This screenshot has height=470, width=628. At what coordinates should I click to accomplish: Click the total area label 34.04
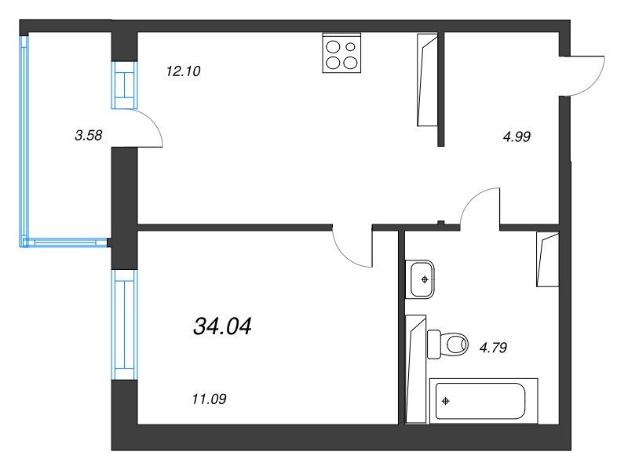[x=222, y=326]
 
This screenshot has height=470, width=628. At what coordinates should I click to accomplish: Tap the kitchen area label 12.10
[x=183, y=71]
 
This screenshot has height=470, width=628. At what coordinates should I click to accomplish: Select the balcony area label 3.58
[x=89, y=135]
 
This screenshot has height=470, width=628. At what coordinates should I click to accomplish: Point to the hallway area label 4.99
[x=517, y=137]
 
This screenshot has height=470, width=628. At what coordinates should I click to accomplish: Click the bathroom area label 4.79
[x=493, y=348]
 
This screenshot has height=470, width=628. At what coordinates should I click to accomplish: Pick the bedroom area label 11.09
[x=209, y=399]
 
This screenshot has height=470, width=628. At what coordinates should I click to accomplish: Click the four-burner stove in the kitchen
[x=341, y=53]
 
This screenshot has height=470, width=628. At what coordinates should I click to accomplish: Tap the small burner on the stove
[x=350, y=47]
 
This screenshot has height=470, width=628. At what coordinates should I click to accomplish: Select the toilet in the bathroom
[x=447, y=344]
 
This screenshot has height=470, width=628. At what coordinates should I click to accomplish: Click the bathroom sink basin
[x=420, y=279]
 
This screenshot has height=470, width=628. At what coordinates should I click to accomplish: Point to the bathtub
[x=484, y=401]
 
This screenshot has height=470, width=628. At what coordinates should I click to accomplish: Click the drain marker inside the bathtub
[x=445, y=401]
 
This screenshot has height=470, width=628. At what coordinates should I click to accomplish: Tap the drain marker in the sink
[x=425, y=279]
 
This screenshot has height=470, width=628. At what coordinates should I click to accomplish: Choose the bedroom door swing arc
[x=345, y=256]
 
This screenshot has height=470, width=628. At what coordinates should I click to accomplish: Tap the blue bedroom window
[x=125, y=325]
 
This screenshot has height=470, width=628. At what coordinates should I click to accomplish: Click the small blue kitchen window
[x=125, y=85]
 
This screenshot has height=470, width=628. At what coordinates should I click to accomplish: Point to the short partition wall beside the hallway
[x=441, y=89]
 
